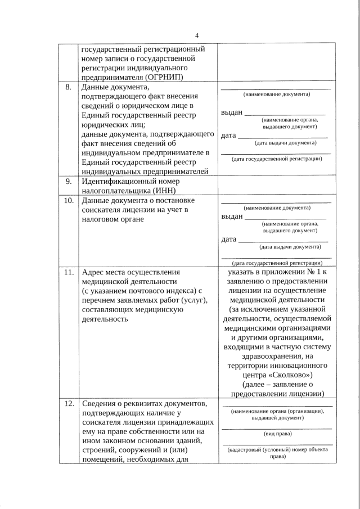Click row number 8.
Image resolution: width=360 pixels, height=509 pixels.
[68, 87]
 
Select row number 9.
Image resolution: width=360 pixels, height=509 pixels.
[68, 182]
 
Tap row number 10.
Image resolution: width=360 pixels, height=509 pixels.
[68, 201]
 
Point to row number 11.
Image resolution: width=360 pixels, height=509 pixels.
[68, 272]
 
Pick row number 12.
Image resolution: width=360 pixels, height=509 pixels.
[68, 404]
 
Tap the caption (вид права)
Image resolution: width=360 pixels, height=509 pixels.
[276, 434]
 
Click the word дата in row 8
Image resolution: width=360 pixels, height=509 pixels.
[228, 136]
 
